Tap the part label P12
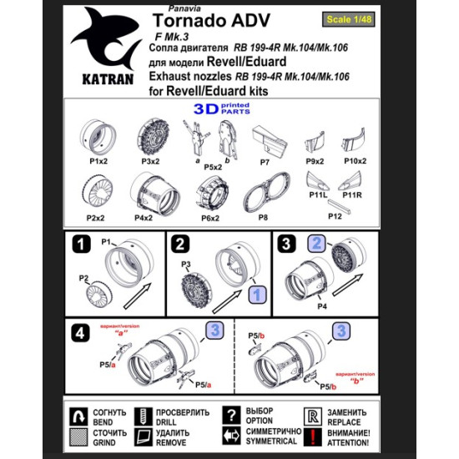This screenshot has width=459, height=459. click(335, 216)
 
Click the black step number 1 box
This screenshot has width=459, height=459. click(81, 245)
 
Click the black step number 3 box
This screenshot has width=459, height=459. click(286, 245)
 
